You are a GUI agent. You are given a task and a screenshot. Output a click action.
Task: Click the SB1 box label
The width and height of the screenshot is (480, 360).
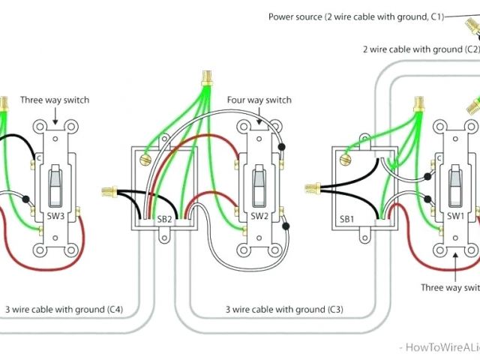coord(346,218)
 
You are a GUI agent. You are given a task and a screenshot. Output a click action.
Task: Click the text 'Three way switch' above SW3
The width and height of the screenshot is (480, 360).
coord(54,100)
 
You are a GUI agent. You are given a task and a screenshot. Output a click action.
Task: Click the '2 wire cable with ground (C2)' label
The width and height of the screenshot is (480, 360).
coord(420,49)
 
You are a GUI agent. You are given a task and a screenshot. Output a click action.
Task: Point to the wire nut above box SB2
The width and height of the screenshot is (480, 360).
coord(204,77)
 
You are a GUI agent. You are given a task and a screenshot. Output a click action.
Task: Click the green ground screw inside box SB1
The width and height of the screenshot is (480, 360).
coord(346,158)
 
